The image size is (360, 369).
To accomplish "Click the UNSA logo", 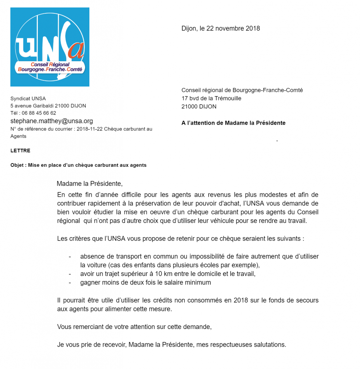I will tap(50, 47).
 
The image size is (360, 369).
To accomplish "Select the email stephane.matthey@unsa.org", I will tap(52, 121).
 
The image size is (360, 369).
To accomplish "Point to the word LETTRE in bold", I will tap(20, 151).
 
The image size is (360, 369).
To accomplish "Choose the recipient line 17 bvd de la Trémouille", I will tap(211, 98).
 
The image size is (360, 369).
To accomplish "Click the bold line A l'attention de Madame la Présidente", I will tap(233, 123).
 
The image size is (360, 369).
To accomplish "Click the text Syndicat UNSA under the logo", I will tap(28, 98).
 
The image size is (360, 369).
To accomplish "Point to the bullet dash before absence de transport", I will tap(70, 257).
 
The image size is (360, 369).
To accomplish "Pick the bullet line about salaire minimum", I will tap(145, 283).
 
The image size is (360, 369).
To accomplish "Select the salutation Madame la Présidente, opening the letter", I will tap(90, 184).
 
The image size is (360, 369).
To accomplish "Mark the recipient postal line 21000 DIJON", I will tap(199, 106).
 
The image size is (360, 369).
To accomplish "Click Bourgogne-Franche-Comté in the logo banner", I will tap(50, 69).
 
